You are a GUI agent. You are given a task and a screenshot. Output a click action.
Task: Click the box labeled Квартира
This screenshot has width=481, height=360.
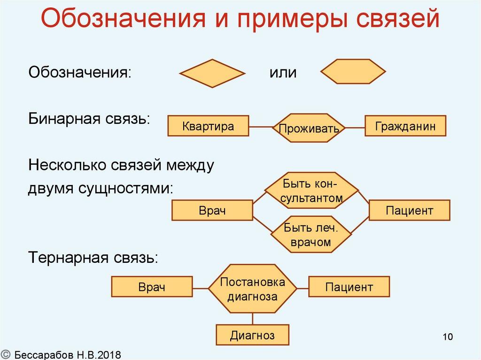pyautogui.click(x=208, y=126)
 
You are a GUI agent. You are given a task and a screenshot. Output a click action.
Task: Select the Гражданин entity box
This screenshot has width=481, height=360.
pyautogui.click(x=405, y=126)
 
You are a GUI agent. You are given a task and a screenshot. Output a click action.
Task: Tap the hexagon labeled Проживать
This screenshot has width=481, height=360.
pyautogui.click(x=309, y=128)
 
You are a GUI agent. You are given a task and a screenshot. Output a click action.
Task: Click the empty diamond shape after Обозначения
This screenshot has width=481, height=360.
pyautogui.click(x=212, y=73)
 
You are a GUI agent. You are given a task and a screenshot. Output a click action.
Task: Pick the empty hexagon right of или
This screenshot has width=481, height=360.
pyautogui.click(x=353, y=72)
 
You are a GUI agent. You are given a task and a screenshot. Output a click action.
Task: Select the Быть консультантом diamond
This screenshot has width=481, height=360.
pyautogui.click(x=312, y=190)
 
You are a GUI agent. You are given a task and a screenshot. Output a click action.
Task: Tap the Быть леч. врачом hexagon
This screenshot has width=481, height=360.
pyautogui.click(x=310, y=235)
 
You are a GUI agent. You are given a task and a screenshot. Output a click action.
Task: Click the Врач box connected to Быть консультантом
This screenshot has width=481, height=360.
pyautogui.click(x=212, y=210)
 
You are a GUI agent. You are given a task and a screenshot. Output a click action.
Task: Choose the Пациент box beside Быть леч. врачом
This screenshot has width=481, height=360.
pyautogui.click(x=409, y=210)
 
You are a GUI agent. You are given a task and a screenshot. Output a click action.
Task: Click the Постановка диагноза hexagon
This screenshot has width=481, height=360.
pyautogui.click(x=252, y=289)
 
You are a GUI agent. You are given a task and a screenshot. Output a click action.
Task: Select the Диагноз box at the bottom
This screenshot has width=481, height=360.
pyautogui.click(x=252, y=335)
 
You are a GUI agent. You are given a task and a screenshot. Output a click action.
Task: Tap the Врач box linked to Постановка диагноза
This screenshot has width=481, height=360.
pyautogui.click(x=152, y=287)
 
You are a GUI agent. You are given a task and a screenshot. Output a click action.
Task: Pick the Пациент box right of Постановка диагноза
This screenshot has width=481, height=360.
pyautogui.click(x=349, y=287)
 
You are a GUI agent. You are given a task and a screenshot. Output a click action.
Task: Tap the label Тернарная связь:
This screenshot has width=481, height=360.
pyautogui.click(x=93, y=257)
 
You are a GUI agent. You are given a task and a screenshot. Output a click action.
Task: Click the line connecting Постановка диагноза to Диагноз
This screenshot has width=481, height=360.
pyautogui.click(x=252, y=318)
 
